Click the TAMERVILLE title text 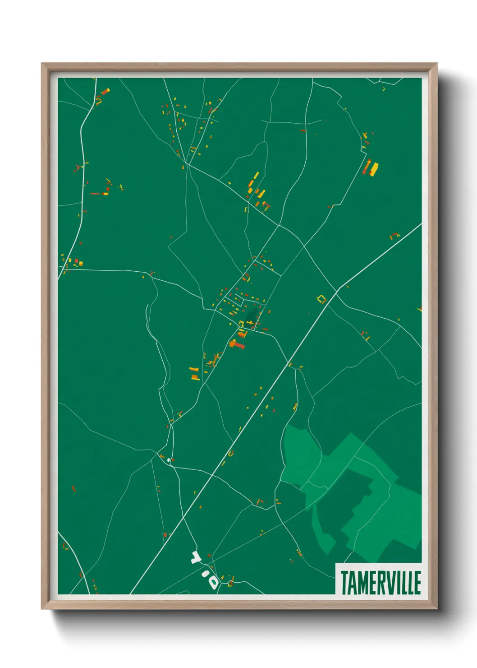coord(381,582)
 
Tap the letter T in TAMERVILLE coord(344,583)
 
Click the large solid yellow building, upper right coord(374,169)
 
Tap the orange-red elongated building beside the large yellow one coord(367,167)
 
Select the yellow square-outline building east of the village coord(321,298)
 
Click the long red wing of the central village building coord(238,346)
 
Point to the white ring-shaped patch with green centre coord(212,581)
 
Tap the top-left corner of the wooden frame coord(43,65)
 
